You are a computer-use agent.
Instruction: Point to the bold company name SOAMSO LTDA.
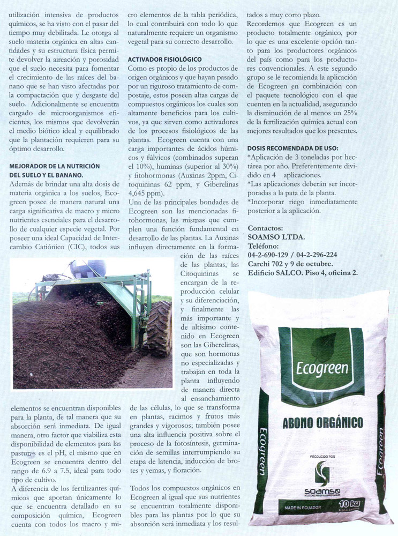pos(276,237)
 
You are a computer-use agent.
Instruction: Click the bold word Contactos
pos(266,228)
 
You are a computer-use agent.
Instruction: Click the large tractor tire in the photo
pos(160,329)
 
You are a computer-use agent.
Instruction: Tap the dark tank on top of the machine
pos(87,267)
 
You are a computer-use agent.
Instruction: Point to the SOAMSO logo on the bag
pos(321,480)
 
